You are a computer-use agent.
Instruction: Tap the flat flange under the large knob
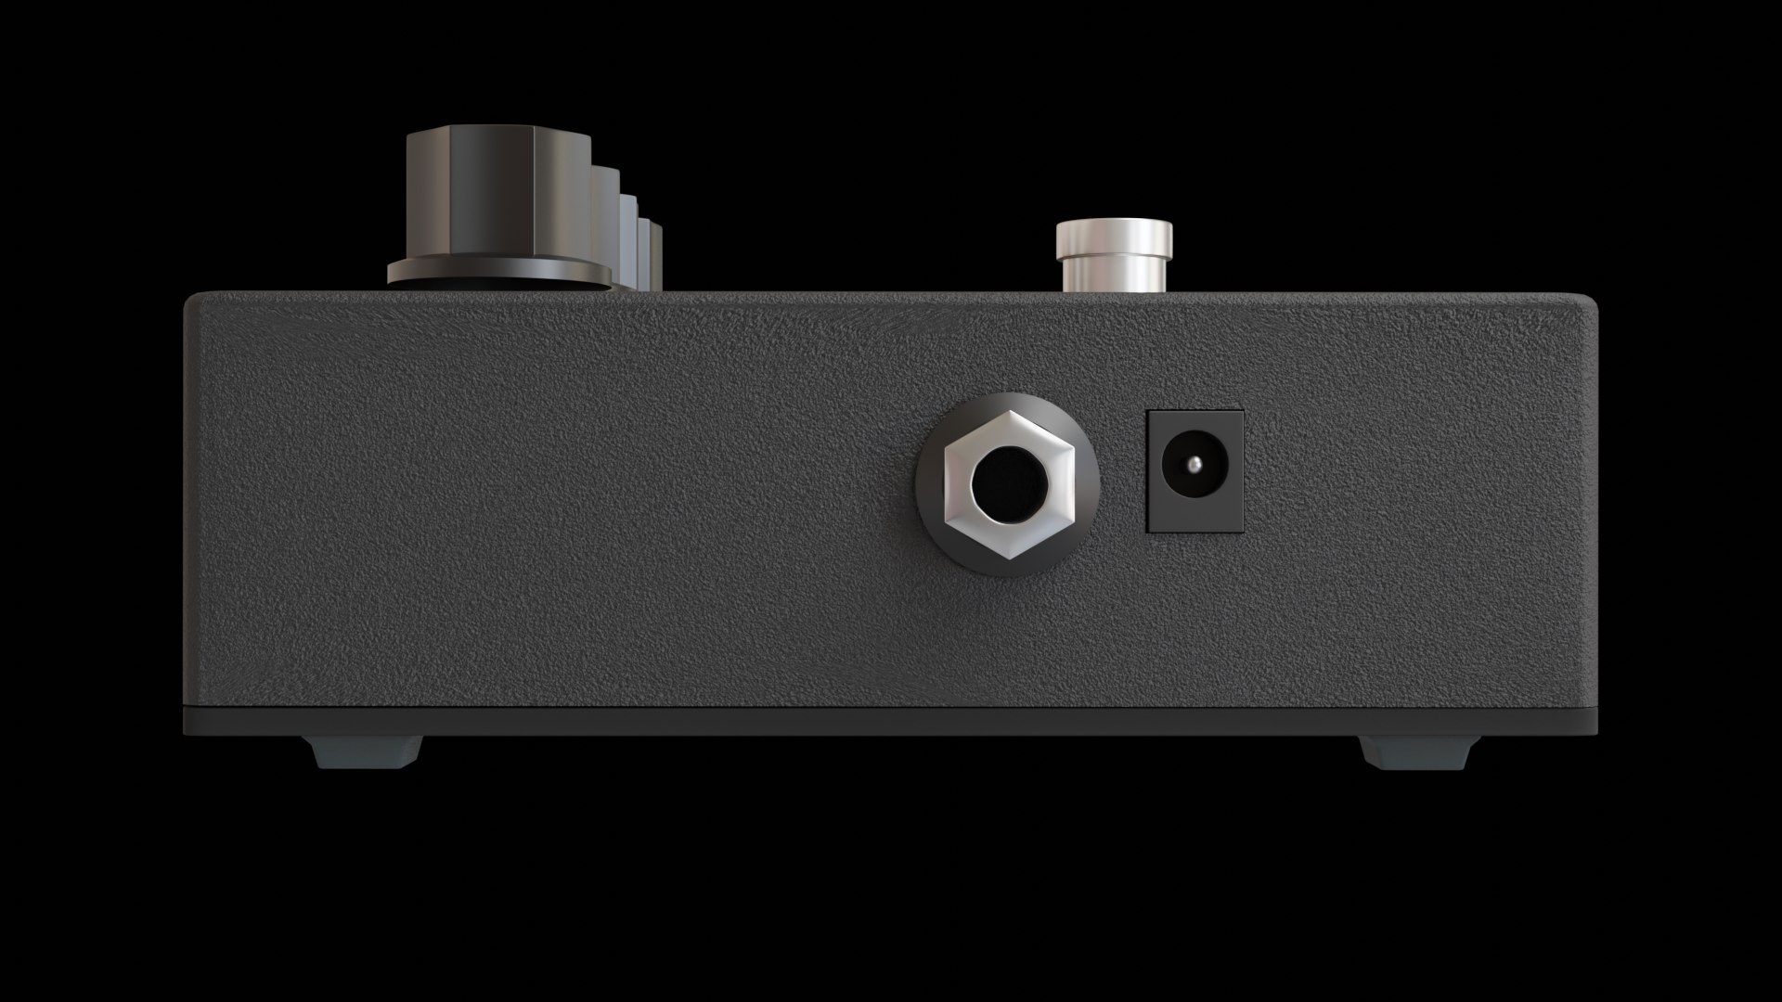click(x=498, y=272)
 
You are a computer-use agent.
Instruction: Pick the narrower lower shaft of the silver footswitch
click(x=1114, y=275)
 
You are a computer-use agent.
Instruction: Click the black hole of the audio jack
click(x=1008, y=484)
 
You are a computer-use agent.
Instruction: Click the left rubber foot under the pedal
click(x=367, y=751)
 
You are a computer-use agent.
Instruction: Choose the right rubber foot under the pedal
click(x=1418, y=751)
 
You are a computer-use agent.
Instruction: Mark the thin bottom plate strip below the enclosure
click(x=891, y=721)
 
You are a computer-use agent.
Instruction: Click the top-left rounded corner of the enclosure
click(x=191, y=300)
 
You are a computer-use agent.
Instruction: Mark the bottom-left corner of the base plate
click(x=187, y=731)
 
